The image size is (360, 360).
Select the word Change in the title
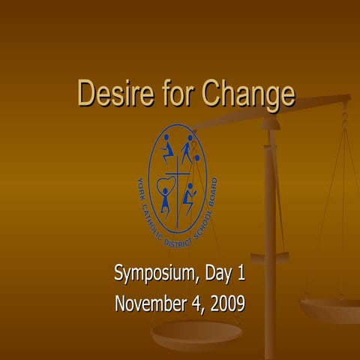(241, 95)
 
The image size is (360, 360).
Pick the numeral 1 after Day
(241, 274)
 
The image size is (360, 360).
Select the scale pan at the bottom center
(196, 331)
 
